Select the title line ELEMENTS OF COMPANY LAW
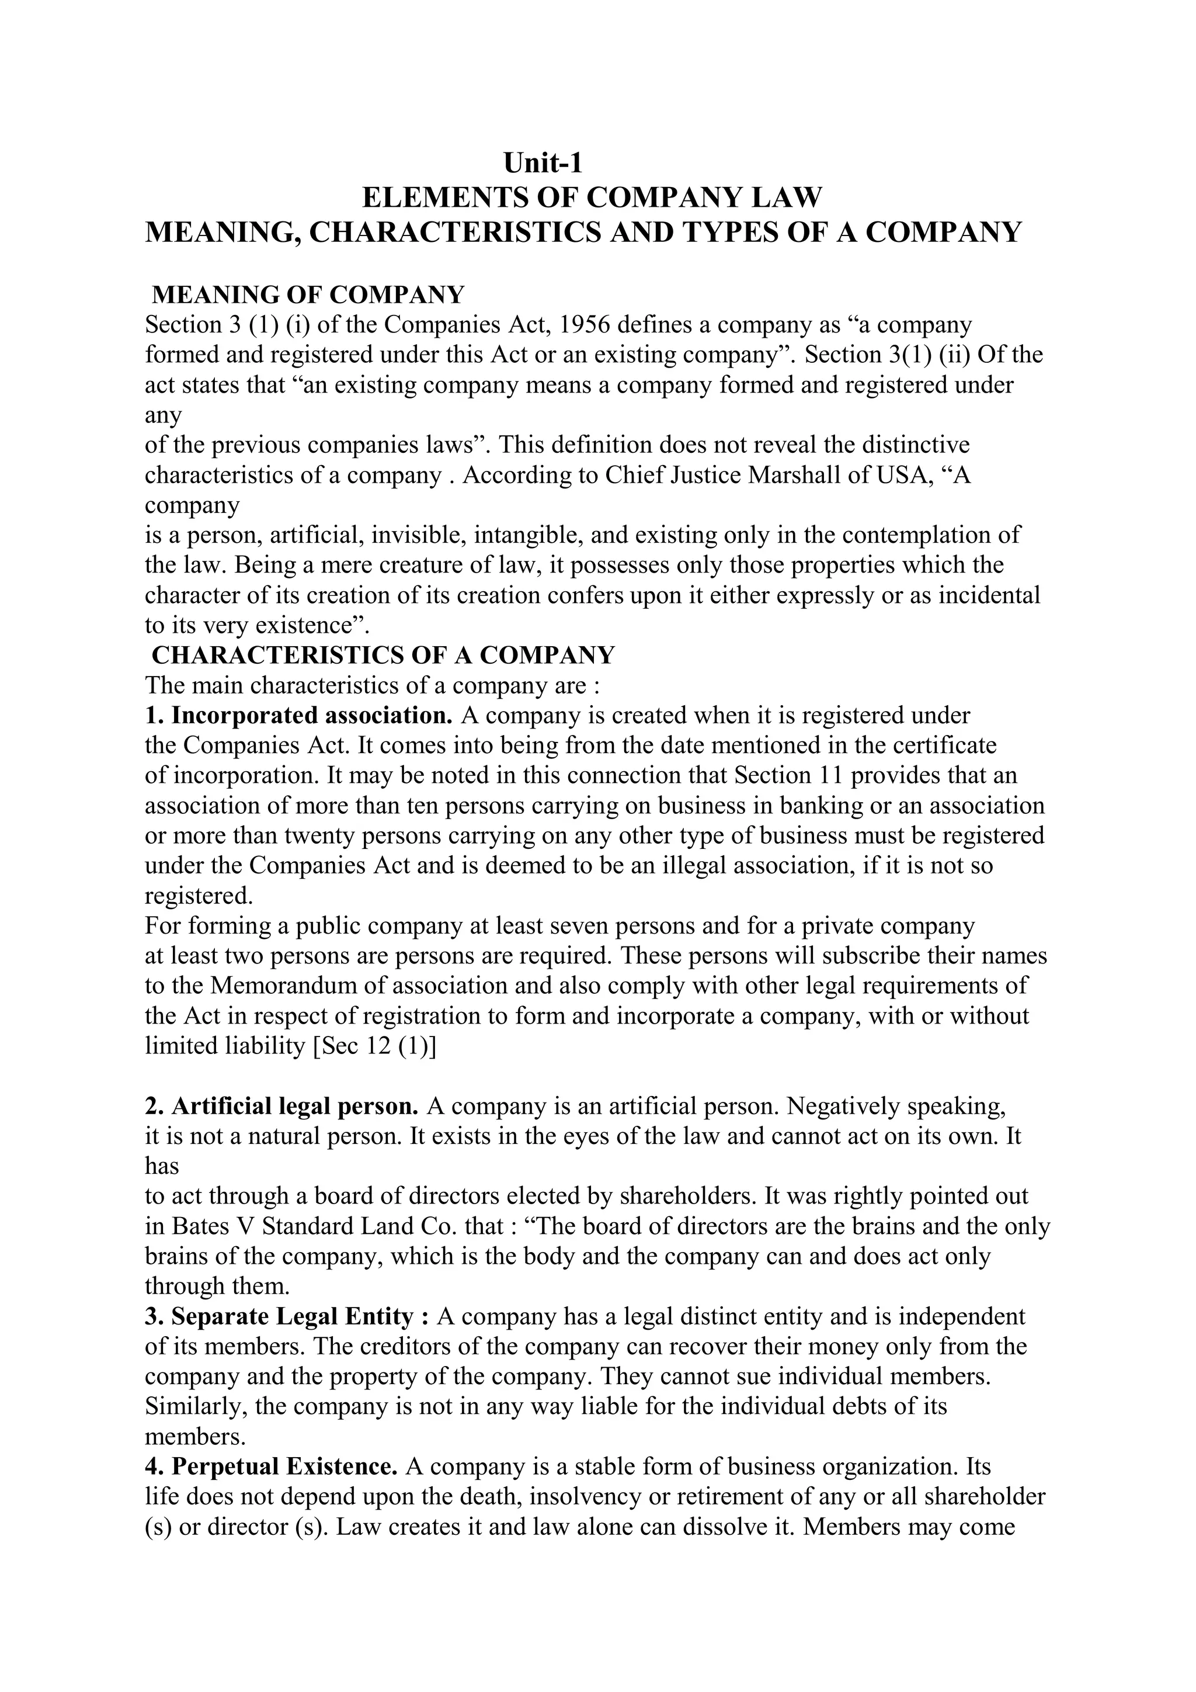tap(592, 197)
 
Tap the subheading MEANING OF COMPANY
tap(308, 295)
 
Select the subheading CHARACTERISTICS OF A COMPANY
tap(383, 655)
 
